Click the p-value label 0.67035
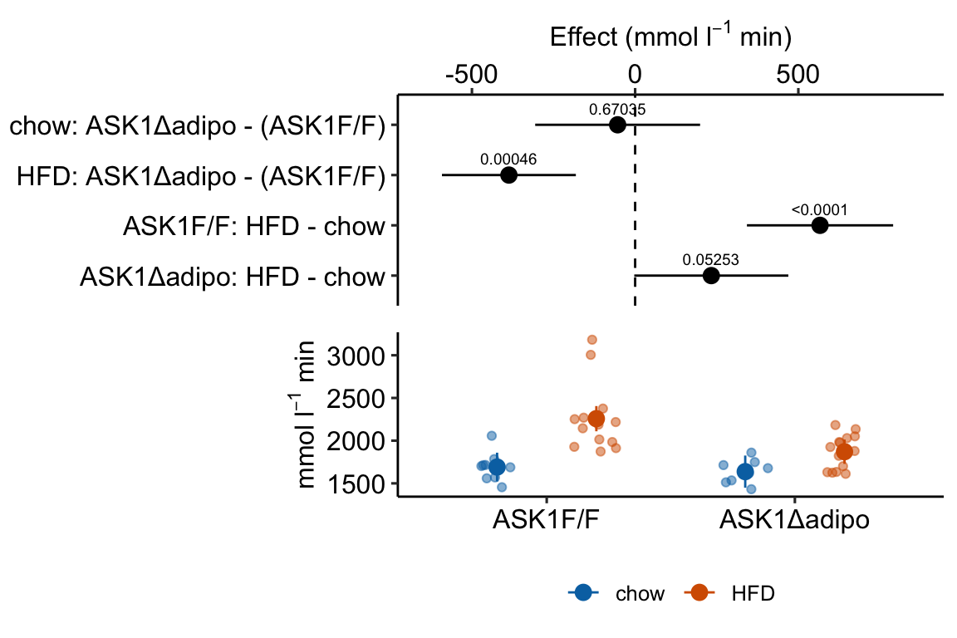coord(617,109)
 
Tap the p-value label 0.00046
coord(508,158)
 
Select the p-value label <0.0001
coord(819,210)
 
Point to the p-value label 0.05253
coord(710,260)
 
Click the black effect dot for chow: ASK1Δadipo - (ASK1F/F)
coord(617,125)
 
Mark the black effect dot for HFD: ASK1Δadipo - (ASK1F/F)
coord(509,175)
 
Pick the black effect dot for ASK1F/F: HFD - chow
coord(820,226)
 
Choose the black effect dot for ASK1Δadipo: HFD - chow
coord(711,276)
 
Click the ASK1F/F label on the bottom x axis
coord(547,520)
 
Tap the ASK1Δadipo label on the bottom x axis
coord(794,520)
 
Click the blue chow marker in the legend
coord(584,592)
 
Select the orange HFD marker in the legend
coord(699,592)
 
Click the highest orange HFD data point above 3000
coord(592,340)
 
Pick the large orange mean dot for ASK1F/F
coord(596,420)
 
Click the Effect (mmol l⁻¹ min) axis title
coord(670,37)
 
